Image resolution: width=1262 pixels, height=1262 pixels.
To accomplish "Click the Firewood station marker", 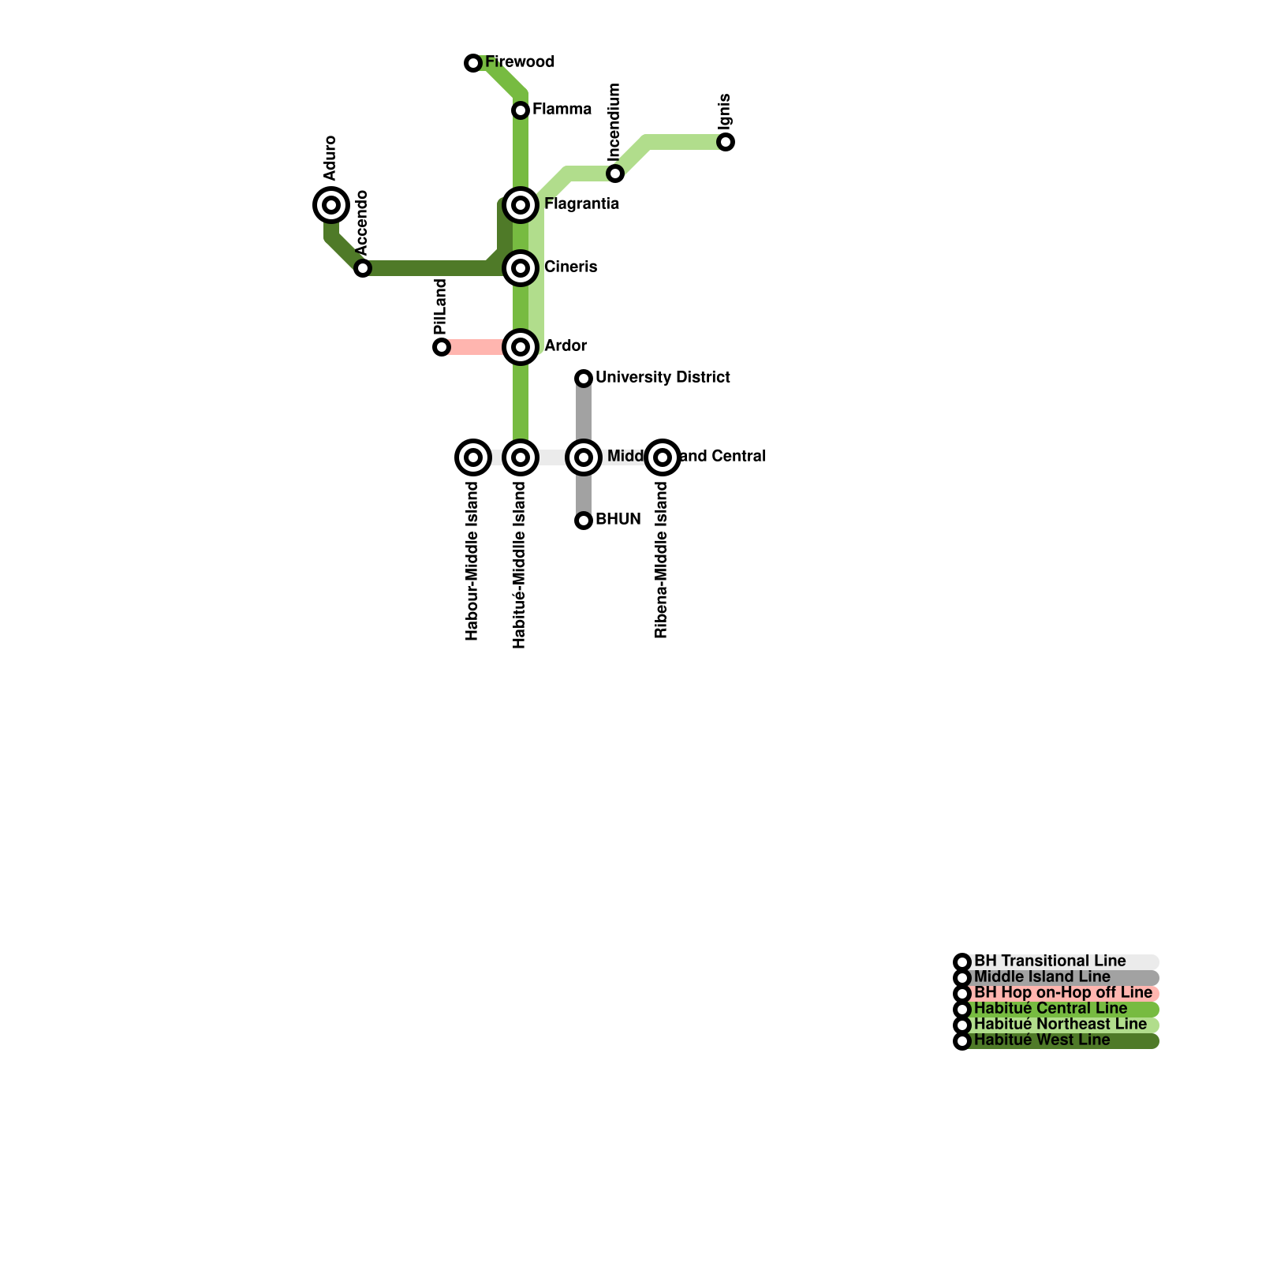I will [x=473, y=63].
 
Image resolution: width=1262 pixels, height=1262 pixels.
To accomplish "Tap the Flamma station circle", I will [x=521, y=110].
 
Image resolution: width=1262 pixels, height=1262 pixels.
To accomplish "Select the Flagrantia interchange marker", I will [x=521, y=205].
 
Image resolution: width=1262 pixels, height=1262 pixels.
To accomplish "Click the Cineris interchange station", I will [x=521, y=268].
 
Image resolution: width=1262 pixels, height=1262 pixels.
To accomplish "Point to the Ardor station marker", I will [x=521, y=347].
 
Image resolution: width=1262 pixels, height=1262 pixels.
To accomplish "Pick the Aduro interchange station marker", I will [x=331, y=205].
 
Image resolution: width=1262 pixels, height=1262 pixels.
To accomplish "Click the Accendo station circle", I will [x=363, y=268].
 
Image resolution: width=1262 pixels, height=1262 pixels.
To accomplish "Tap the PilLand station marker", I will [x=442, y=347].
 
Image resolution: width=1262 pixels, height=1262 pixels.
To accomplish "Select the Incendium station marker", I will [x=615, y=174].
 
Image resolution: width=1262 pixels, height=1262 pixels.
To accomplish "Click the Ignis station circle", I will [x=726, y=142].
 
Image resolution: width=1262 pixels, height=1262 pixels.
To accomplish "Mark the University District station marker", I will [x=584, y=379].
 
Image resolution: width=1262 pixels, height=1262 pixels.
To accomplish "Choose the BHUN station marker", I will [x=584, y=521].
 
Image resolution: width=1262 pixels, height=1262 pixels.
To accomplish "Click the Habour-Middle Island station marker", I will [x=473, y=457].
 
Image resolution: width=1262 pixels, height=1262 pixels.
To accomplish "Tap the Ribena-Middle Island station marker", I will [x=663, y=457].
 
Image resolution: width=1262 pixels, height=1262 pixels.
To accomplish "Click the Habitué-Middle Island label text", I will [x=519, y=565].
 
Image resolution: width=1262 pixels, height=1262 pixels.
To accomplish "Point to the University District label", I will [x=663, y=378].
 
